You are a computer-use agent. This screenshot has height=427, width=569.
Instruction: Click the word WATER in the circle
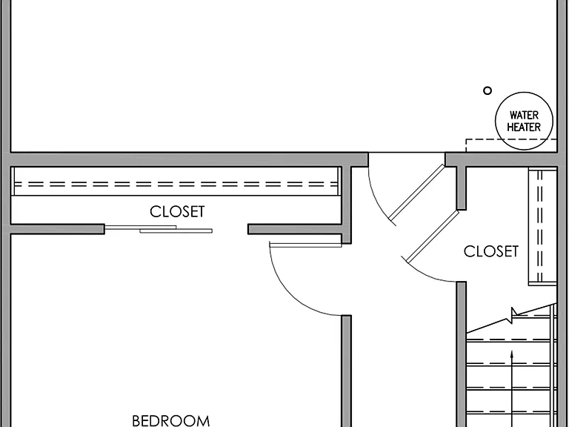[x=524, y=115]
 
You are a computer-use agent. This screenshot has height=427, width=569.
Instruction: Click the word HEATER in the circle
[x=524, y=127]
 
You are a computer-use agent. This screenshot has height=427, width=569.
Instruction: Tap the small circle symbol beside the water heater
[x=488, y=90]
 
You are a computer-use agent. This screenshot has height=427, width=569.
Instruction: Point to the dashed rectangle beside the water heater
[x=466, y=145]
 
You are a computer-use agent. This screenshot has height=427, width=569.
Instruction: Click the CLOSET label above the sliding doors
[x=177, y=212]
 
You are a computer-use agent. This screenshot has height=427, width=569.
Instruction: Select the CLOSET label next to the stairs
[x=491, y=251]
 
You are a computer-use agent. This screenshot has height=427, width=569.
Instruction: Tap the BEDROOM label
[x=171, y=421]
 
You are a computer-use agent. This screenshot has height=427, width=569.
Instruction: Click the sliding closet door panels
[x=159, y=229]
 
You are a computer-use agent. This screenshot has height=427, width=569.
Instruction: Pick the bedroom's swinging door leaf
[x=305, y=245]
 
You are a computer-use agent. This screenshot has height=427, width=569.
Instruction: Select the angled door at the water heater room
[x=416, y=193]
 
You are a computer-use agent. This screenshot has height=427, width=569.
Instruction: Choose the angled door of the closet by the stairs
[x=433, y=236]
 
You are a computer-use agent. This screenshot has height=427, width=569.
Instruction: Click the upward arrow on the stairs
[x=512, y=388]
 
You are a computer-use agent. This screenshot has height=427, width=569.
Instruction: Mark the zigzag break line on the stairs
[x=512, y=318]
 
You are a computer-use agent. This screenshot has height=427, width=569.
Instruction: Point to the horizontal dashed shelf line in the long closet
[x=176, y=185]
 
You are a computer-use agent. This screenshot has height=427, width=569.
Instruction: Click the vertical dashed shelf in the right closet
[x=539, y=225]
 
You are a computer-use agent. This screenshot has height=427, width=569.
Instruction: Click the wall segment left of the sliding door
[x=57, y=229]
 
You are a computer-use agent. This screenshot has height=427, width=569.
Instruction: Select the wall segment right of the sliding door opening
[x=295, y=229]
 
